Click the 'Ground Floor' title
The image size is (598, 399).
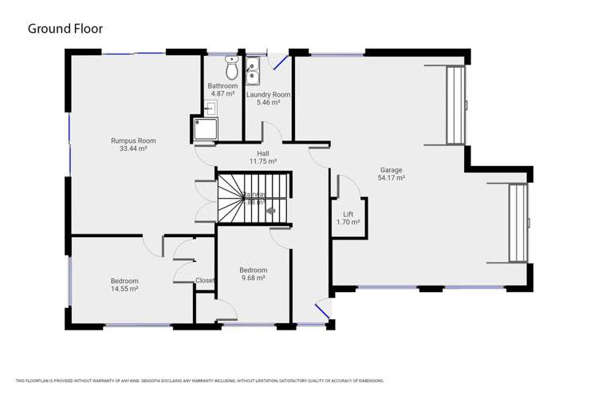65,29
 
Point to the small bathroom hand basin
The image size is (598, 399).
210,108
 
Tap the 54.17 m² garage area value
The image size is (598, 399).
391,178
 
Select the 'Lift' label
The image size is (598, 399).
348,214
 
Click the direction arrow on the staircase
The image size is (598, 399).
270,211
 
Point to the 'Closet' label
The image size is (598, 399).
205,280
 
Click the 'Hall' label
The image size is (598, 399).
262,152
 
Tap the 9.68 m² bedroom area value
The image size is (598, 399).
253,279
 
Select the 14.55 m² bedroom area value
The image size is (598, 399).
124,289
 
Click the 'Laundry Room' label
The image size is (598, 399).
268,94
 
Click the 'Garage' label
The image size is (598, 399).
391,170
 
